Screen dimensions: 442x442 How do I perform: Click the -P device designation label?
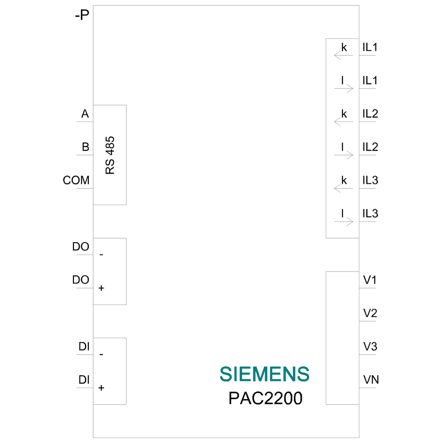[x=82, y=15]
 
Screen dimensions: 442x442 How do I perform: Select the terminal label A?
[x=85, y=114]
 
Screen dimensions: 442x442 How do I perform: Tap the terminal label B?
[x=85, y=147]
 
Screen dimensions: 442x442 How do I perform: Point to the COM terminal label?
[x=76, y=180]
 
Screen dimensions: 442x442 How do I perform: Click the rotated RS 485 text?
[x=110, y=155]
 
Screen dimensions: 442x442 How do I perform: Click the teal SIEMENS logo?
[x=264, y=374]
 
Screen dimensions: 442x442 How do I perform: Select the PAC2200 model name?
[x=265, y=398]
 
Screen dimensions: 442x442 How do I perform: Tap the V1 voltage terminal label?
[x=370, y=280]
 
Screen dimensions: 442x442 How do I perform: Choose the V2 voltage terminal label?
[x=370, y=313]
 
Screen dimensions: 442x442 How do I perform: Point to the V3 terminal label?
[x=370, y=347]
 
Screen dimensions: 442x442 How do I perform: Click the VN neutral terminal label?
[x=371, y=380]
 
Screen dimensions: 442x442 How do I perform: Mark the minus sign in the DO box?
[x=101, y=255]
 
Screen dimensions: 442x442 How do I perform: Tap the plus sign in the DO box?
[x=101, y=288]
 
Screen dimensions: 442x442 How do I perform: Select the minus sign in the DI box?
[x=101, y=354]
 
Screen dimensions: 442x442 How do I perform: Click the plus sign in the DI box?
[x=101, y=388]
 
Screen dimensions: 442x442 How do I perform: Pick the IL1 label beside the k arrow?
[x=370, y=47]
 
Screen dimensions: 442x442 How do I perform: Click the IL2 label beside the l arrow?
[x=370, y=147]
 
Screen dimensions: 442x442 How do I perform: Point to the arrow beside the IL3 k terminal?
[x=343, y=188]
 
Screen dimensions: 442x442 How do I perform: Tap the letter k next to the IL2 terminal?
[x=344, y=114]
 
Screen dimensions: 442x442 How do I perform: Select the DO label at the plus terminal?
[x=80, y=280]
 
